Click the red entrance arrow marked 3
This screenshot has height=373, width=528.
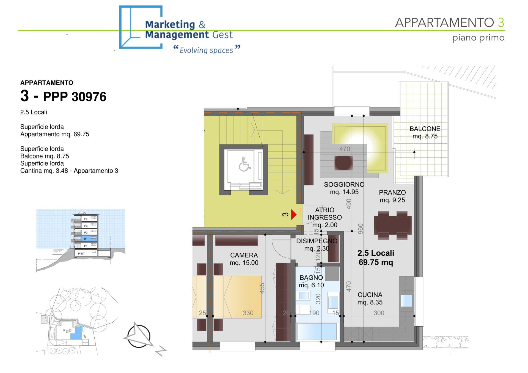[294, 214]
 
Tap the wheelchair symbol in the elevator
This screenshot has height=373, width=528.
[244, 164]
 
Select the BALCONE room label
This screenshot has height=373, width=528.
[425, 129]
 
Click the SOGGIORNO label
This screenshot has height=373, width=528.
[344, 185]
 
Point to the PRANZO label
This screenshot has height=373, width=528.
[392, 193]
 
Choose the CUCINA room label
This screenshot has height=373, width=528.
[370, 295]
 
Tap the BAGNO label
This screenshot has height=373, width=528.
[311, 278]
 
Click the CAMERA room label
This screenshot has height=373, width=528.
[244, 255]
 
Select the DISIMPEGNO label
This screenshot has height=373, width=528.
[317, 241]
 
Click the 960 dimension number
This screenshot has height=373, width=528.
[361, 229]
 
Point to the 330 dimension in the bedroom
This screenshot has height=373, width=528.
[248, 313]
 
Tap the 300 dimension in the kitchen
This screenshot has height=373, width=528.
[379, 313]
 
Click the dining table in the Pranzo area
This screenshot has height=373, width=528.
[393, 225]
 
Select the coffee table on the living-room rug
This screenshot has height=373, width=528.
[343, 163]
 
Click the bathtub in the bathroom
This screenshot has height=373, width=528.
[317, 332]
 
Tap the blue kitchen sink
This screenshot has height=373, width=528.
[406, 301]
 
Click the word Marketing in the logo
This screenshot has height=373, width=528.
[170, 25]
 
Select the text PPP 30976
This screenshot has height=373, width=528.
[75, 97]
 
